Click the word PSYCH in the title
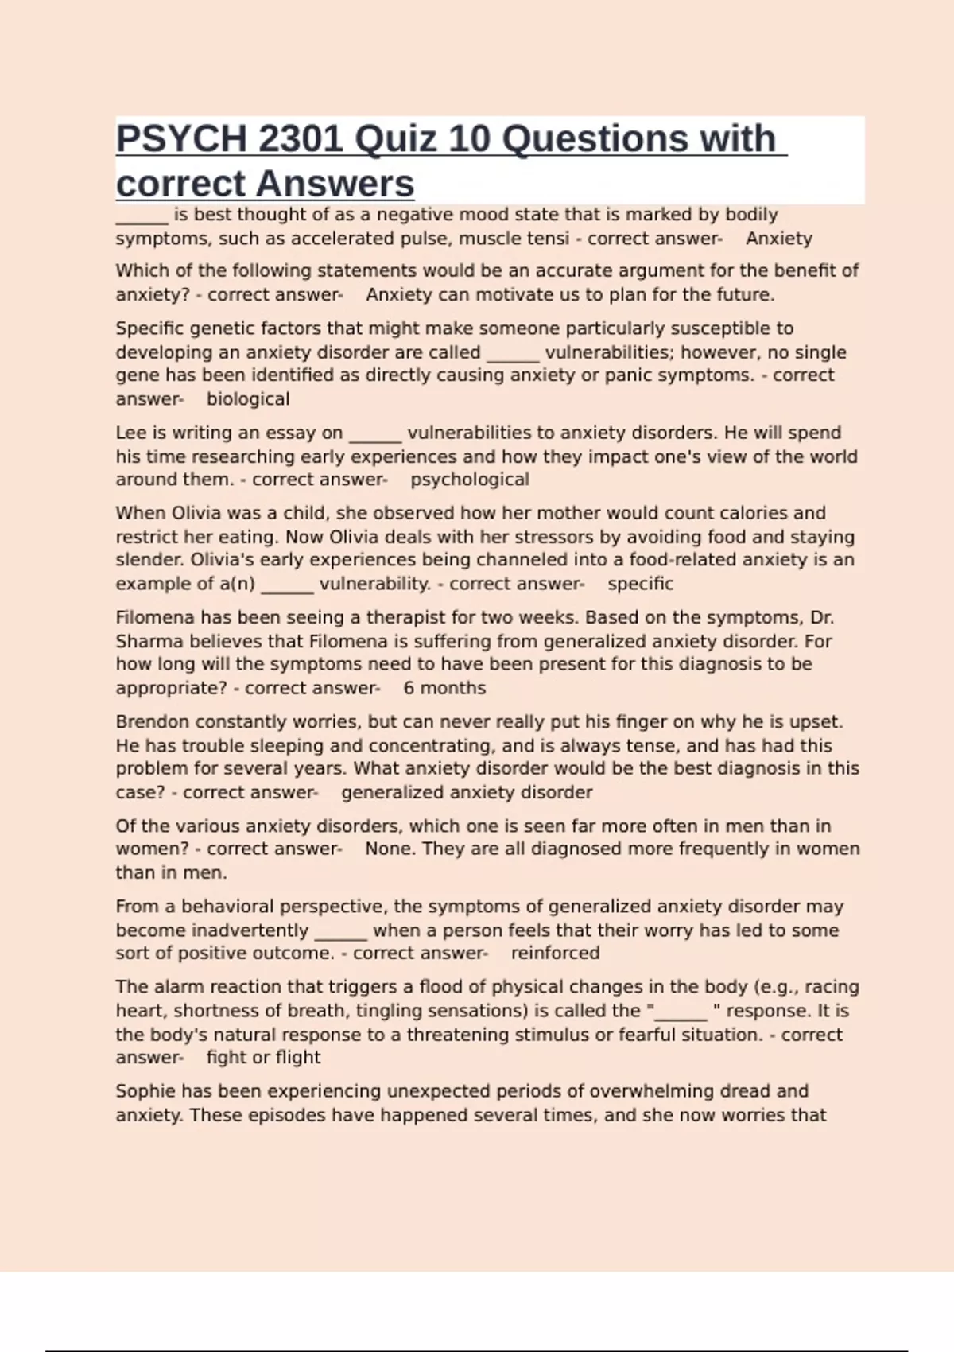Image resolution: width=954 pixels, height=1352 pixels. (181, 139)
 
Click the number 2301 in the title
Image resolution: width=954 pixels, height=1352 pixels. (301, 139)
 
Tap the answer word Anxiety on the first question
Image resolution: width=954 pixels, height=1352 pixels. (778, 239)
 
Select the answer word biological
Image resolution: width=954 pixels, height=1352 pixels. (248, 399)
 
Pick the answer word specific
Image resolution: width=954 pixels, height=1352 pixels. (640, 584)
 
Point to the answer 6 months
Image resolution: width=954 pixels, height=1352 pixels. (444, 688)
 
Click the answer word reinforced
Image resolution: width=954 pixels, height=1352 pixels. (555, 953)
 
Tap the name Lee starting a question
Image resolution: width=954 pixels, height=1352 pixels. (131, 433)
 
